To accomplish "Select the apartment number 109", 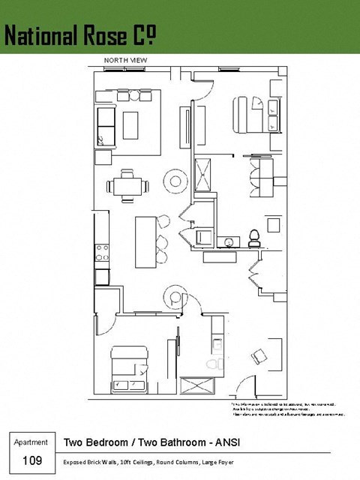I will (32, 460).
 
